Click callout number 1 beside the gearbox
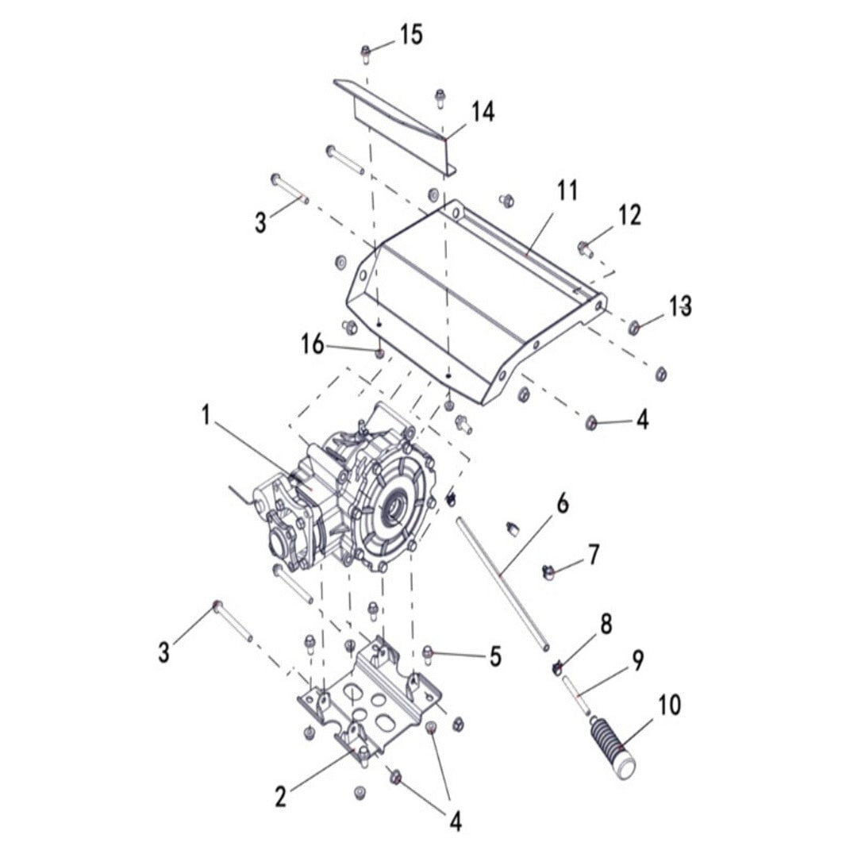tap(206, 415)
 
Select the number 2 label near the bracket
tap(280, 796)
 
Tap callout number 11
tap(567, 191)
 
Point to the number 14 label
tap(483, 112)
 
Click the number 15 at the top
tap(410, 35)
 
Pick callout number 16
tap(313, 344)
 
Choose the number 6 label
tap(562, 503)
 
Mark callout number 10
tap(670, 704)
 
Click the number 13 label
tap(680, 306)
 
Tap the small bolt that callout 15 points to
tap(366, 54)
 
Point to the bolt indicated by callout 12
tap(585, 250)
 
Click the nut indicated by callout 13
tap(634, 328)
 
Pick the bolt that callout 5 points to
tap(429, 654)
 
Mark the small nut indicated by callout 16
tap(379, 352)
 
